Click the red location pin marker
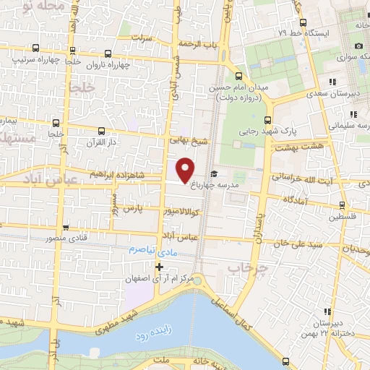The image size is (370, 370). [x=186, y=170]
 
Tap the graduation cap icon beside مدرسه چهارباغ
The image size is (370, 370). [x=214, y=173]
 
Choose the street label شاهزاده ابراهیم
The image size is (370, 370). [x=126, y=175]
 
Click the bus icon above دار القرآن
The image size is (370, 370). [x=100, y=131]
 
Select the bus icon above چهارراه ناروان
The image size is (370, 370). [x=108, y=53]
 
